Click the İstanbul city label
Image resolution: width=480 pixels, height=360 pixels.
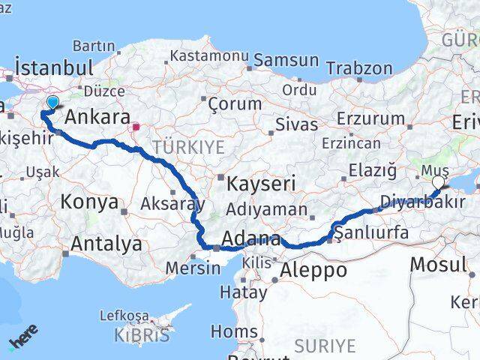coord(53,67)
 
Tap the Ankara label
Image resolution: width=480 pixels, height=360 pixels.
coord(97,118)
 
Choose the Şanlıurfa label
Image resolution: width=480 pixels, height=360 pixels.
coord(373,232)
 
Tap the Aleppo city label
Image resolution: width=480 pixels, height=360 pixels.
coord(313,269)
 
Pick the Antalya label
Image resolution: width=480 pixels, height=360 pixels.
coord(106,244)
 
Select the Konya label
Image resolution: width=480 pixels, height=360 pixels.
coord(89,201)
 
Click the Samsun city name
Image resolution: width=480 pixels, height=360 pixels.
coord(286,61)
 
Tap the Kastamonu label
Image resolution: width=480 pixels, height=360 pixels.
coord(209,55)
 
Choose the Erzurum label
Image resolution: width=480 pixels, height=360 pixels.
coord(370,118)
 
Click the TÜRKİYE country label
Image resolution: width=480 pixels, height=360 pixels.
coord(188,148)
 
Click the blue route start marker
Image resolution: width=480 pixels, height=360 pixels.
coord(52,103)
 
